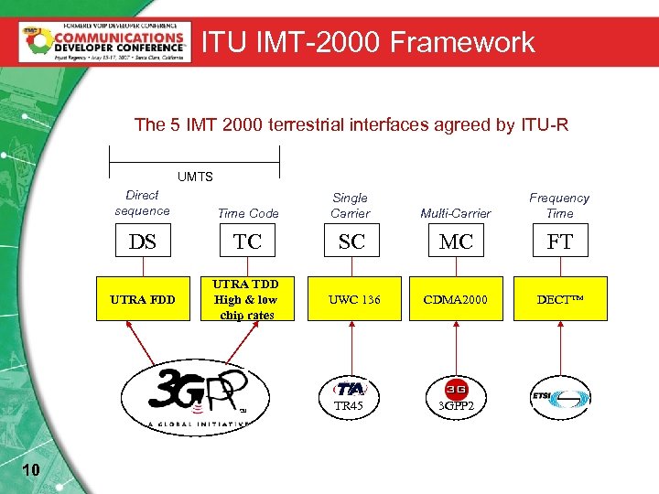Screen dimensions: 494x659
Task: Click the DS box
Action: click(x=143, y=242)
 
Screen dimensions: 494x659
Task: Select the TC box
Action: click(x=248, y=242)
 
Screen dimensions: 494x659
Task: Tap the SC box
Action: click(x=351, y=242)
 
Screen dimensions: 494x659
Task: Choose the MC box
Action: click(x=456, y=242)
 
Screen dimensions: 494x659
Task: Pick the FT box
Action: click(x=559, y=242)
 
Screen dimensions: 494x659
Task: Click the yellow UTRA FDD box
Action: click(x=143, y=299)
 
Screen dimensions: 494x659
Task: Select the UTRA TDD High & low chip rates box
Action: click(x=248, y=299)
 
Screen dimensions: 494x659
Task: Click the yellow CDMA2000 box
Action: click(x=456, y=299)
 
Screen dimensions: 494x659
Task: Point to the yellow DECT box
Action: click(x=559, y=299)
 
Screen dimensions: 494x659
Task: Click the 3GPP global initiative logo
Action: click(x=189, y=396)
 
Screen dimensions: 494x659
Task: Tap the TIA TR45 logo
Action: click(x=350, y=393)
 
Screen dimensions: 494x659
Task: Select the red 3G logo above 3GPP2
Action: click(x=456, y=388)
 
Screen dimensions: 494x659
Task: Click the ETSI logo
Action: click(x=559, y=397)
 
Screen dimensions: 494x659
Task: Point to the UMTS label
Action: click(x=194, y=176)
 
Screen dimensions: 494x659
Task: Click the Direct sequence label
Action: click(x=142, y=203)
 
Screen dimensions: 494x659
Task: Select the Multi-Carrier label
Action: click(x=456, y=213)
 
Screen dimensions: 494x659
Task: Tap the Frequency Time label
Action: click(x=559, y=206)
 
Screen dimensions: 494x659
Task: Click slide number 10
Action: click(x=30, y=470)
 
